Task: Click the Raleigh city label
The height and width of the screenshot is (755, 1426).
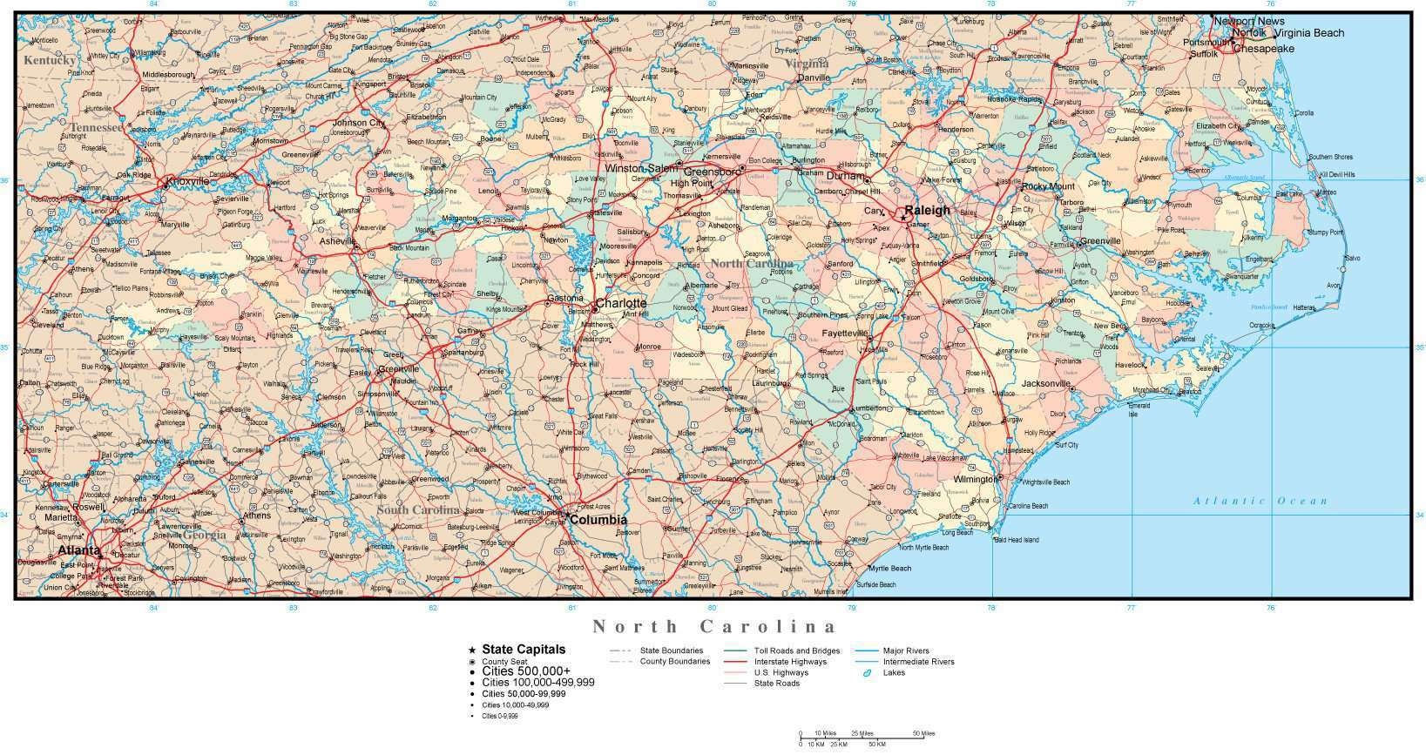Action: click(x=927, y=211)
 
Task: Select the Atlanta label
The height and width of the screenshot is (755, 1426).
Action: click(x=78, y=551)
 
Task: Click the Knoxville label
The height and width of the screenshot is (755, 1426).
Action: click(x=187, y=181)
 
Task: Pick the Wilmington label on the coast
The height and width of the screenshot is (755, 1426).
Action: click(x=974, y=480)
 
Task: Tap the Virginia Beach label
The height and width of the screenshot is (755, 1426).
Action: click(x=1309, y=33)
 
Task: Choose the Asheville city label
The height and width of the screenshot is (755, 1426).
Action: click(x=337, y=241)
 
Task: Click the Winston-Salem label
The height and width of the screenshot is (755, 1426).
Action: click(x=640, y=167)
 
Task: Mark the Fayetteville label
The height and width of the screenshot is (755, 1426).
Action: click(x=844, y=334)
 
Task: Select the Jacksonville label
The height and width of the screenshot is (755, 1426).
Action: click(x=1046, y=384)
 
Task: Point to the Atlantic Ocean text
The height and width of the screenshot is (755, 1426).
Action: click(x=1260, y=501)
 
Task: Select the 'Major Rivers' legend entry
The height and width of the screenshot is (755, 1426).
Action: click(x=906, y=651)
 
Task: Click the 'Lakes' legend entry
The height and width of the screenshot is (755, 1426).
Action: click(x=894, y=672)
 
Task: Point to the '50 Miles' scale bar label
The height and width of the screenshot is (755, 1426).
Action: click(x=923, y=733)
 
